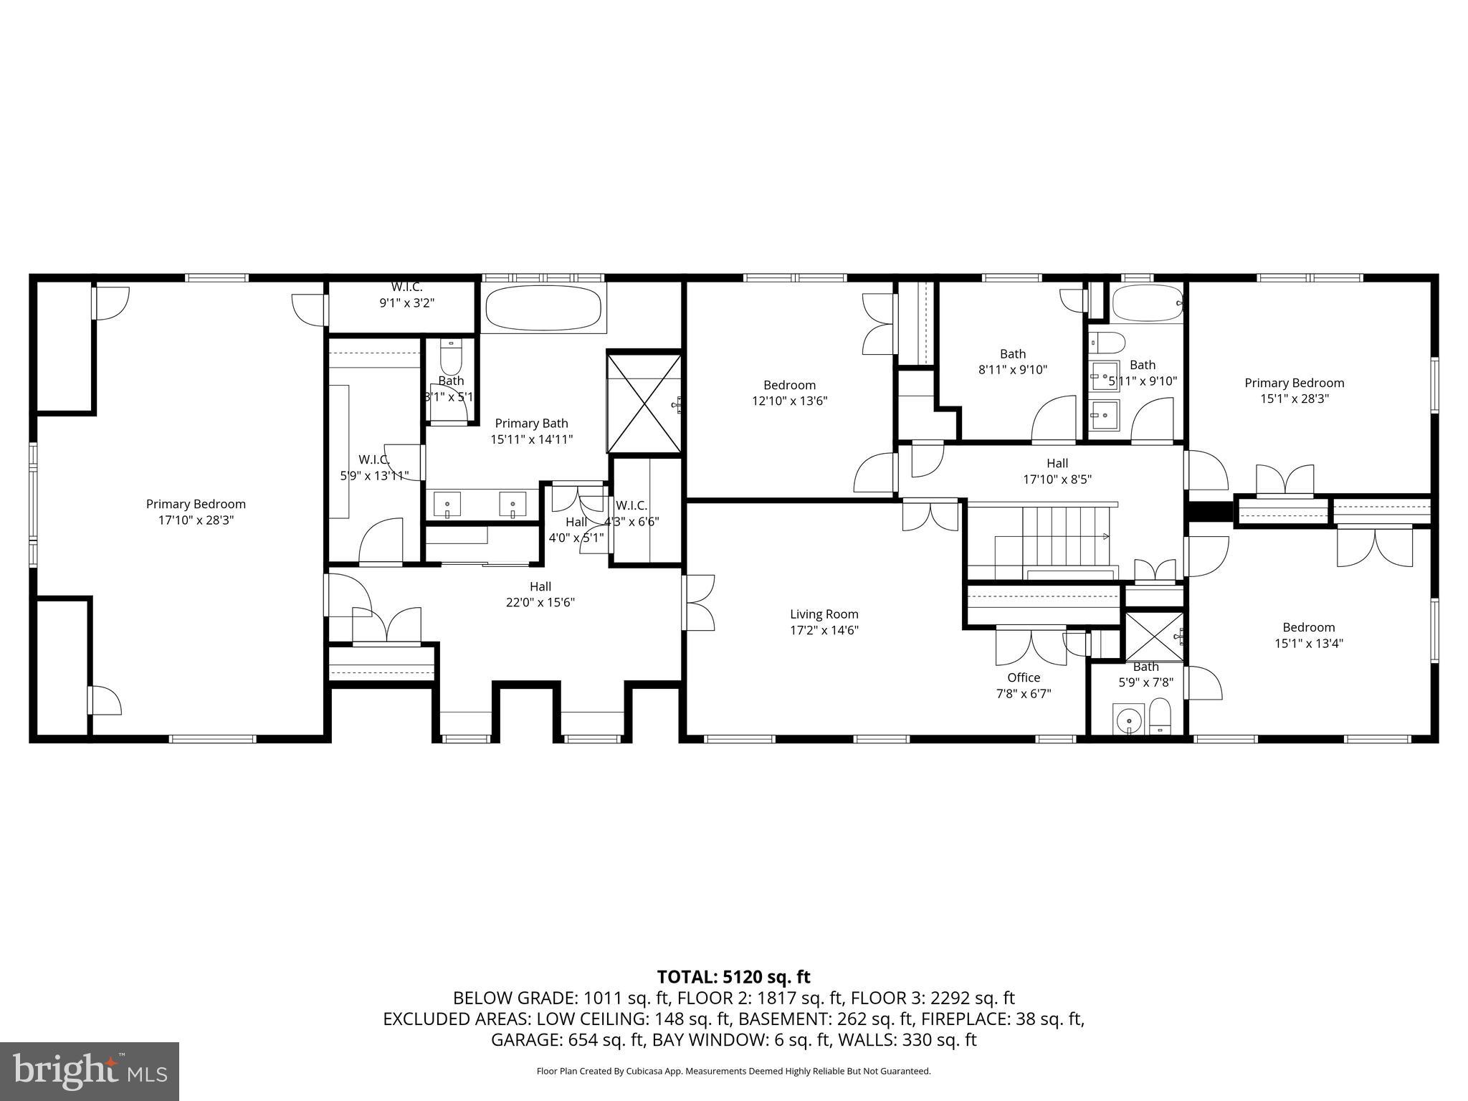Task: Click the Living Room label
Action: (x=824, y=614)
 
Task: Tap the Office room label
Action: (x=1023, y=677)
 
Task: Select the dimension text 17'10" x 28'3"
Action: (x=196, y=520)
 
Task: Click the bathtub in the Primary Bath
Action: (x=543, y=308)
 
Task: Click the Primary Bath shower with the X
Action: (x=644, y=403)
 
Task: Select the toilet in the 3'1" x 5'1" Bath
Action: (x=451, y=356)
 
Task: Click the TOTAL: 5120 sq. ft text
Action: (x=733, y=976)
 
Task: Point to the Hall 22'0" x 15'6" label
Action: (x=540, y=594)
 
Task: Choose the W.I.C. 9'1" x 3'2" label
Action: (x=406, y=295)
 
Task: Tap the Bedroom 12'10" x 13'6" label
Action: (x=789, y=393)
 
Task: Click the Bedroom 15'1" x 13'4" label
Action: (x=1308, y=635)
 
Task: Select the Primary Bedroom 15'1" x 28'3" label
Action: (x=1294, y=391)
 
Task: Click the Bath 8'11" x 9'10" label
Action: (x=1012, y=361)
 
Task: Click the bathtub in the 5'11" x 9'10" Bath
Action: (x=1145, y=303)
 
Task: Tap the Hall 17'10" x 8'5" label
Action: (x=1057, y=471)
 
